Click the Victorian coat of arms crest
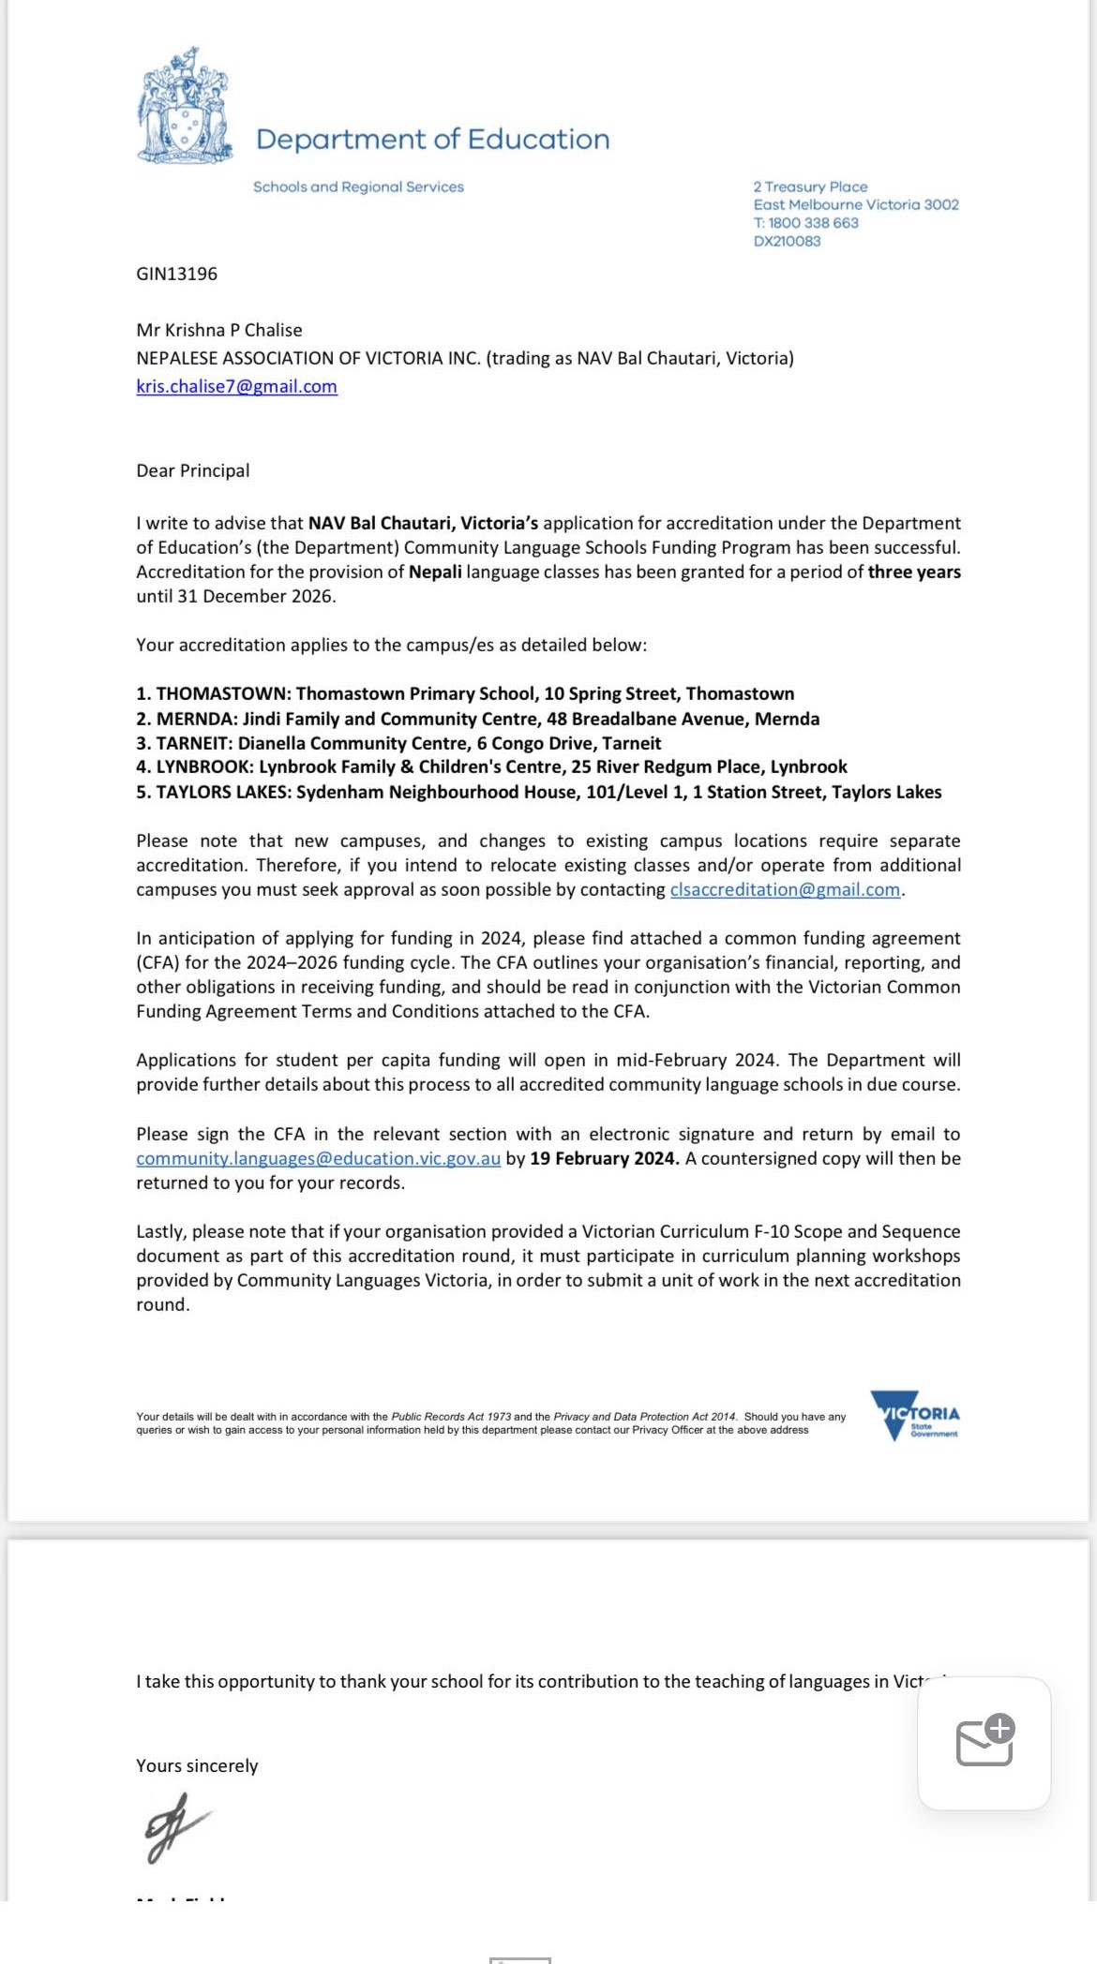[185, 107]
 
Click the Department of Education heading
[432, 140]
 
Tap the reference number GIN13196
[176, 274]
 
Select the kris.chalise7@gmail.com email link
[236, 386]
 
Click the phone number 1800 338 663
[813, 223]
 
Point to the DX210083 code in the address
[787, 241]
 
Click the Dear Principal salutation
[192, 470]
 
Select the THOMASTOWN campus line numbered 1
[464, 693]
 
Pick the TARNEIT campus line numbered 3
[398, 743]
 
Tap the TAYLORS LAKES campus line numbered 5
[538, 792]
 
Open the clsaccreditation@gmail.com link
[785, 889]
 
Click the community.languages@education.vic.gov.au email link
[318, 1158]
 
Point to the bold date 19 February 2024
[604, 1158]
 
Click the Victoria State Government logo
[915, 1416]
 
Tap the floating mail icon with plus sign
[984, 1741]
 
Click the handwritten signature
[177, 1827]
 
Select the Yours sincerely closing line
[197, 1765]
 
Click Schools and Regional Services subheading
[358, 186]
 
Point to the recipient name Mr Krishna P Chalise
[219, 330]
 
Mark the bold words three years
[914, 572]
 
